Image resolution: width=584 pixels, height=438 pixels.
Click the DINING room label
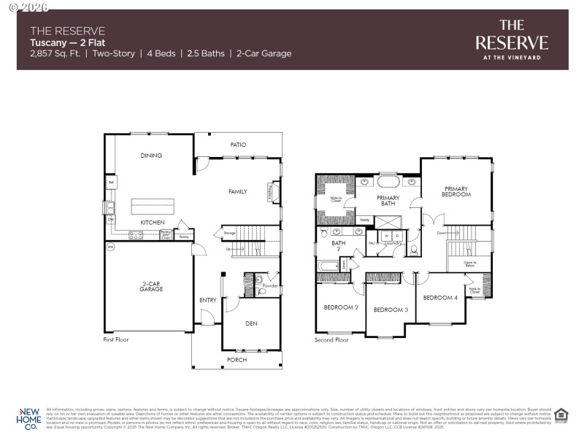coord(151,155)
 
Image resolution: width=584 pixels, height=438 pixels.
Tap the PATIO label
coord(238,145)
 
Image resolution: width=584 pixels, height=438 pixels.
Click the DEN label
coord(251,323)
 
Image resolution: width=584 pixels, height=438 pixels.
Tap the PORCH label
coord(237,360)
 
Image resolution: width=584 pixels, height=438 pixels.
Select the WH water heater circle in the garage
coord(111,247)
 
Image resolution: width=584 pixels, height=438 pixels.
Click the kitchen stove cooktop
coord(136,235)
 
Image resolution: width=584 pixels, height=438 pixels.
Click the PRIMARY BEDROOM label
coord(456,191)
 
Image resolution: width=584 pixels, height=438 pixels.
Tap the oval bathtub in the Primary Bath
coord(388,181)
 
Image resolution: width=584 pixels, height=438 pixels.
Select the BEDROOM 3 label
coord(391,310)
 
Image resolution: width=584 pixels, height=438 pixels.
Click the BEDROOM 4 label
coord(440,297)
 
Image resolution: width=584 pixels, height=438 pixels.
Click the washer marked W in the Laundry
coord(387,237)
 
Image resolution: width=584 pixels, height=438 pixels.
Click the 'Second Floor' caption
coord(331,339)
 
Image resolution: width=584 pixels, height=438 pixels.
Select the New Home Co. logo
coord(29,418)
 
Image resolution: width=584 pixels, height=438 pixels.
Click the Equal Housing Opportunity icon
coord(561,415)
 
